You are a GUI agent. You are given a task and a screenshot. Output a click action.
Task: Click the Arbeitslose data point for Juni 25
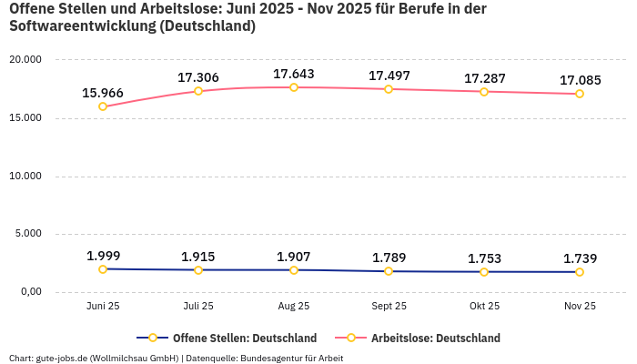tap(103, 106)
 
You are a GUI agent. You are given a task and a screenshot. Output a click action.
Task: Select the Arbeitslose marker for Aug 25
tap(294, 87)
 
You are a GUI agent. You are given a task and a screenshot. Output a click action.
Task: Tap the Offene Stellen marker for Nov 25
tap(580, 272)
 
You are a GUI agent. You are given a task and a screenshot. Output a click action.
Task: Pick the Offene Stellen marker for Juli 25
tap(198, 270)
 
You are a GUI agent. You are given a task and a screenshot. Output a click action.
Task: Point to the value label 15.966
tap(103, 93)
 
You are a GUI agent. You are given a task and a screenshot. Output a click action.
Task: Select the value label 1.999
tap(103, 256)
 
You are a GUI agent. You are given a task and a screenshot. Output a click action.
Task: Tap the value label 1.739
tap(580, 258)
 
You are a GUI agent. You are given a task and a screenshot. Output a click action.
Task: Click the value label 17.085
tap(580, 80)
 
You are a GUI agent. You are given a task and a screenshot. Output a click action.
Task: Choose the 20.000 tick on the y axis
tap(26, 60)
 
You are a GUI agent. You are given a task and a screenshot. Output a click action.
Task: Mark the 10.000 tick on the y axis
tap(26, 176)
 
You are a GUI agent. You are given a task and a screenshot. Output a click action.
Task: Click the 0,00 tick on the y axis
tap(30, 292)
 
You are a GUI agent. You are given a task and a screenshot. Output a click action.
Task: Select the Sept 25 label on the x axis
tap(389, 307)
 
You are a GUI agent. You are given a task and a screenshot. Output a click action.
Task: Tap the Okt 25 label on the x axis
tap(484, 307)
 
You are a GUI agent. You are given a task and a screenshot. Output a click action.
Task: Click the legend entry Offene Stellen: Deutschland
tap(244, 338)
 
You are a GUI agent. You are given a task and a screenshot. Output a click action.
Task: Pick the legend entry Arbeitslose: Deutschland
tap(435, 338)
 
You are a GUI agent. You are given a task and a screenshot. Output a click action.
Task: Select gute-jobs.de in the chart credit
tap(62, 358)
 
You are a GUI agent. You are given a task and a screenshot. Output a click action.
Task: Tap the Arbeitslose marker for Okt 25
tap(484, 92)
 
